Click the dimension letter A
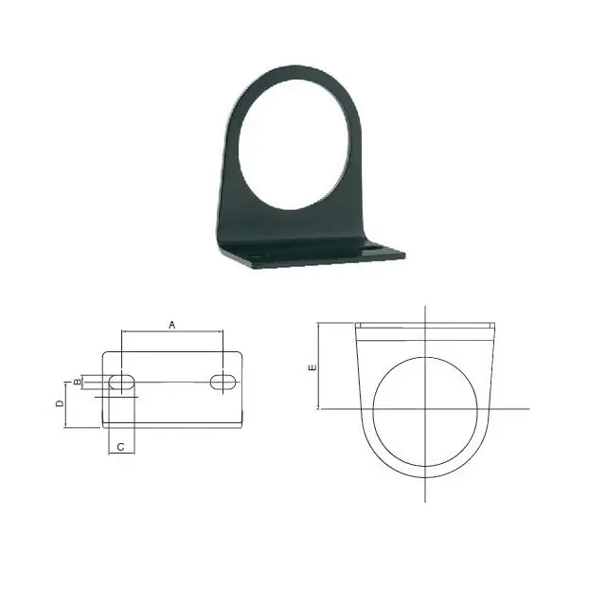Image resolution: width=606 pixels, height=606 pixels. (172, 325)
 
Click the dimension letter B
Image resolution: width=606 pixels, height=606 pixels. (78, 382)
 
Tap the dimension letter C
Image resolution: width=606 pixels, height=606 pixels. (120, 447)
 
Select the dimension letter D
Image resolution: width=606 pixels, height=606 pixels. (60, 403)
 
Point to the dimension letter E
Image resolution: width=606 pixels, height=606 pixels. (312, 367)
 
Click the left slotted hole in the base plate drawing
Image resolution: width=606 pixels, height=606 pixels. (122, 382)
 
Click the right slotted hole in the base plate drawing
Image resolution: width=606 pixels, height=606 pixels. (223, 382)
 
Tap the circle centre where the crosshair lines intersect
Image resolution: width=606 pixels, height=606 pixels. (425, 408)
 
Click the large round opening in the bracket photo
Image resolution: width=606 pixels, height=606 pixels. (294, 145)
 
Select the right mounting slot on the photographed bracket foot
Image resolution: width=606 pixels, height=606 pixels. (374, 245)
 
